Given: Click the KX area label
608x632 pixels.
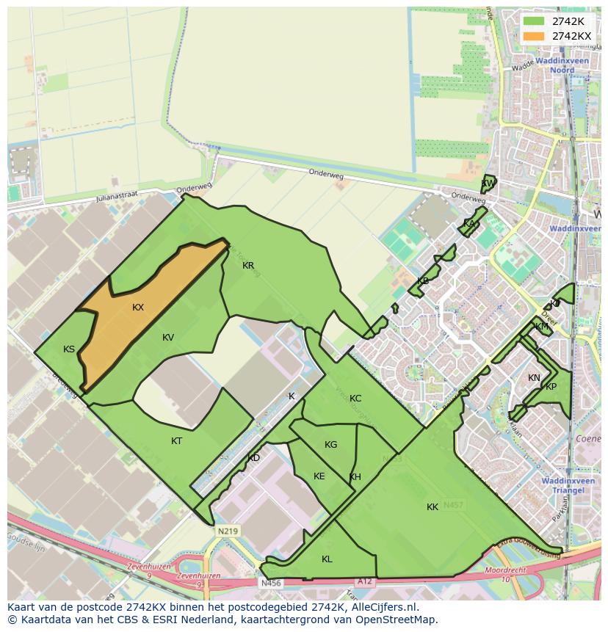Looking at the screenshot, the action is click(x=138, y=308).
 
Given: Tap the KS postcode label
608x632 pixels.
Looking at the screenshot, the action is click(x=69, y=349).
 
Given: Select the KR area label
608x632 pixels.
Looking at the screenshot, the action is click(x=248, y=266).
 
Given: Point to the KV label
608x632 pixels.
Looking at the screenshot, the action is click(x=168, y=338).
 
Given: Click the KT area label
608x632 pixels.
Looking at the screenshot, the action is click(x=176, y=441).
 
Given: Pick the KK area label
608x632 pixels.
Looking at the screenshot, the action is click(x=433, y=507).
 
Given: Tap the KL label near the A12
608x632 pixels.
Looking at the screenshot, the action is click(x=327, y=559).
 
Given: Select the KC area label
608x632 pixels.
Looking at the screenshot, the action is click(x=355, y=399).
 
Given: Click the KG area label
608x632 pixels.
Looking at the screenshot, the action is click(x=330, y=445).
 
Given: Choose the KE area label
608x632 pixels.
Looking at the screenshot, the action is click(x=319, y=476).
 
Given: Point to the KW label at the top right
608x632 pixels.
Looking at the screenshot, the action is click(x=487, y=184).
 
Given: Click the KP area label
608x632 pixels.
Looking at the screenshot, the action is click(x=551, y=387).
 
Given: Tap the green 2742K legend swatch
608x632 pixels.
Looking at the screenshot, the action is click(x=534, y=21).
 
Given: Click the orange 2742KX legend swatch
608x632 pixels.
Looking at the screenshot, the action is click(x=534, y=36).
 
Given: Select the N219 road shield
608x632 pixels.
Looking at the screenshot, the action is click(x=227, y=530).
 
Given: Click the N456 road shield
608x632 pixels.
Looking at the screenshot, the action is click(x=271, y=584).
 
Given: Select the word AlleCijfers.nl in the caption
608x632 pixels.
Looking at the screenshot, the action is click(x=383, y=607).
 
